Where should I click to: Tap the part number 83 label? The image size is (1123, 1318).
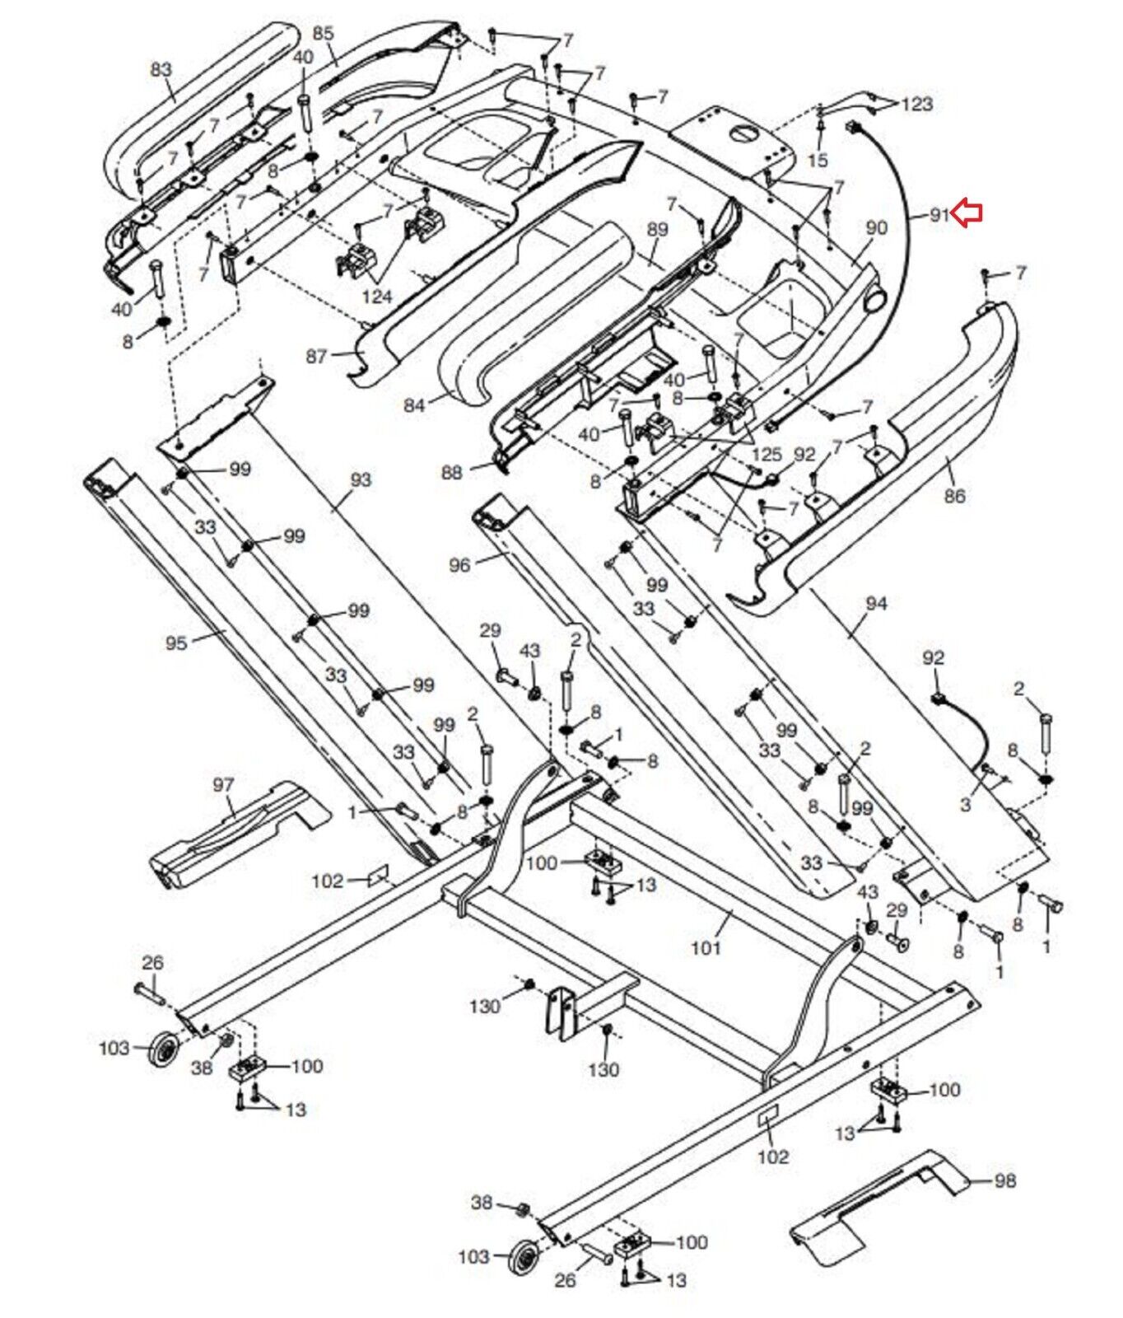tap(161, 69)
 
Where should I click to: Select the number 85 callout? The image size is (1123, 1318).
tap(324, 34)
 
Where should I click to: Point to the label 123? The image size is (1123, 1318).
tap(917, 104)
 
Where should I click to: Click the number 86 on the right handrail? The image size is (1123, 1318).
tap(954, 496)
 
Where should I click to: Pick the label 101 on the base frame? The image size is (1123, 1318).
tap(706, 947)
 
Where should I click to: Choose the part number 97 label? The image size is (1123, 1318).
tap(223, 785)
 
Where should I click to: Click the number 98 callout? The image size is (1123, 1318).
tap(1004, 1181)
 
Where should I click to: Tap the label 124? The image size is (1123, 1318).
tap(377, 295)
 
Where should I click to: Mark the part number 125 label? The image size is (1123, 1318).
tap(767, 454)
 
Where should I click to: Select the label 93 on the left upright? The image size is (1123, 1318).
tap(361, 479)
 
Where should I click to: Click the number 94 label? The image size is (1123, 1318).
tap(876, 604)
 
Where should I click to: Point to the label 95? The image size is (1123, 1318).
tap(176, 643)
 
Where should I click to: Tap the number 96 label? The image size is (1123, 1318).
tap(459, 565)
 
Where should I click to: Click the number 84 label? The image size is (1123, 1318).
tap(415, 405)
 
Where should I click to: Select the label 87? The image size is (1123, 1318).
tap(317, 356)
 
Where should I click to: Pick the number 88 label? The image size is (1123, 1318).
tap(452, 473)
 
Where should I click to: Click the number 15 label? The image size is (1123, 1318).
tap(818, 160)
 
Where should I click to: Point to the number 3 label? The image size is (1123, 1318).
tap(966, 805)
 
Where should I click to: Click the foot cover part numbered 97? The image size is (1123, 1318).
tap(239, 836)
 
